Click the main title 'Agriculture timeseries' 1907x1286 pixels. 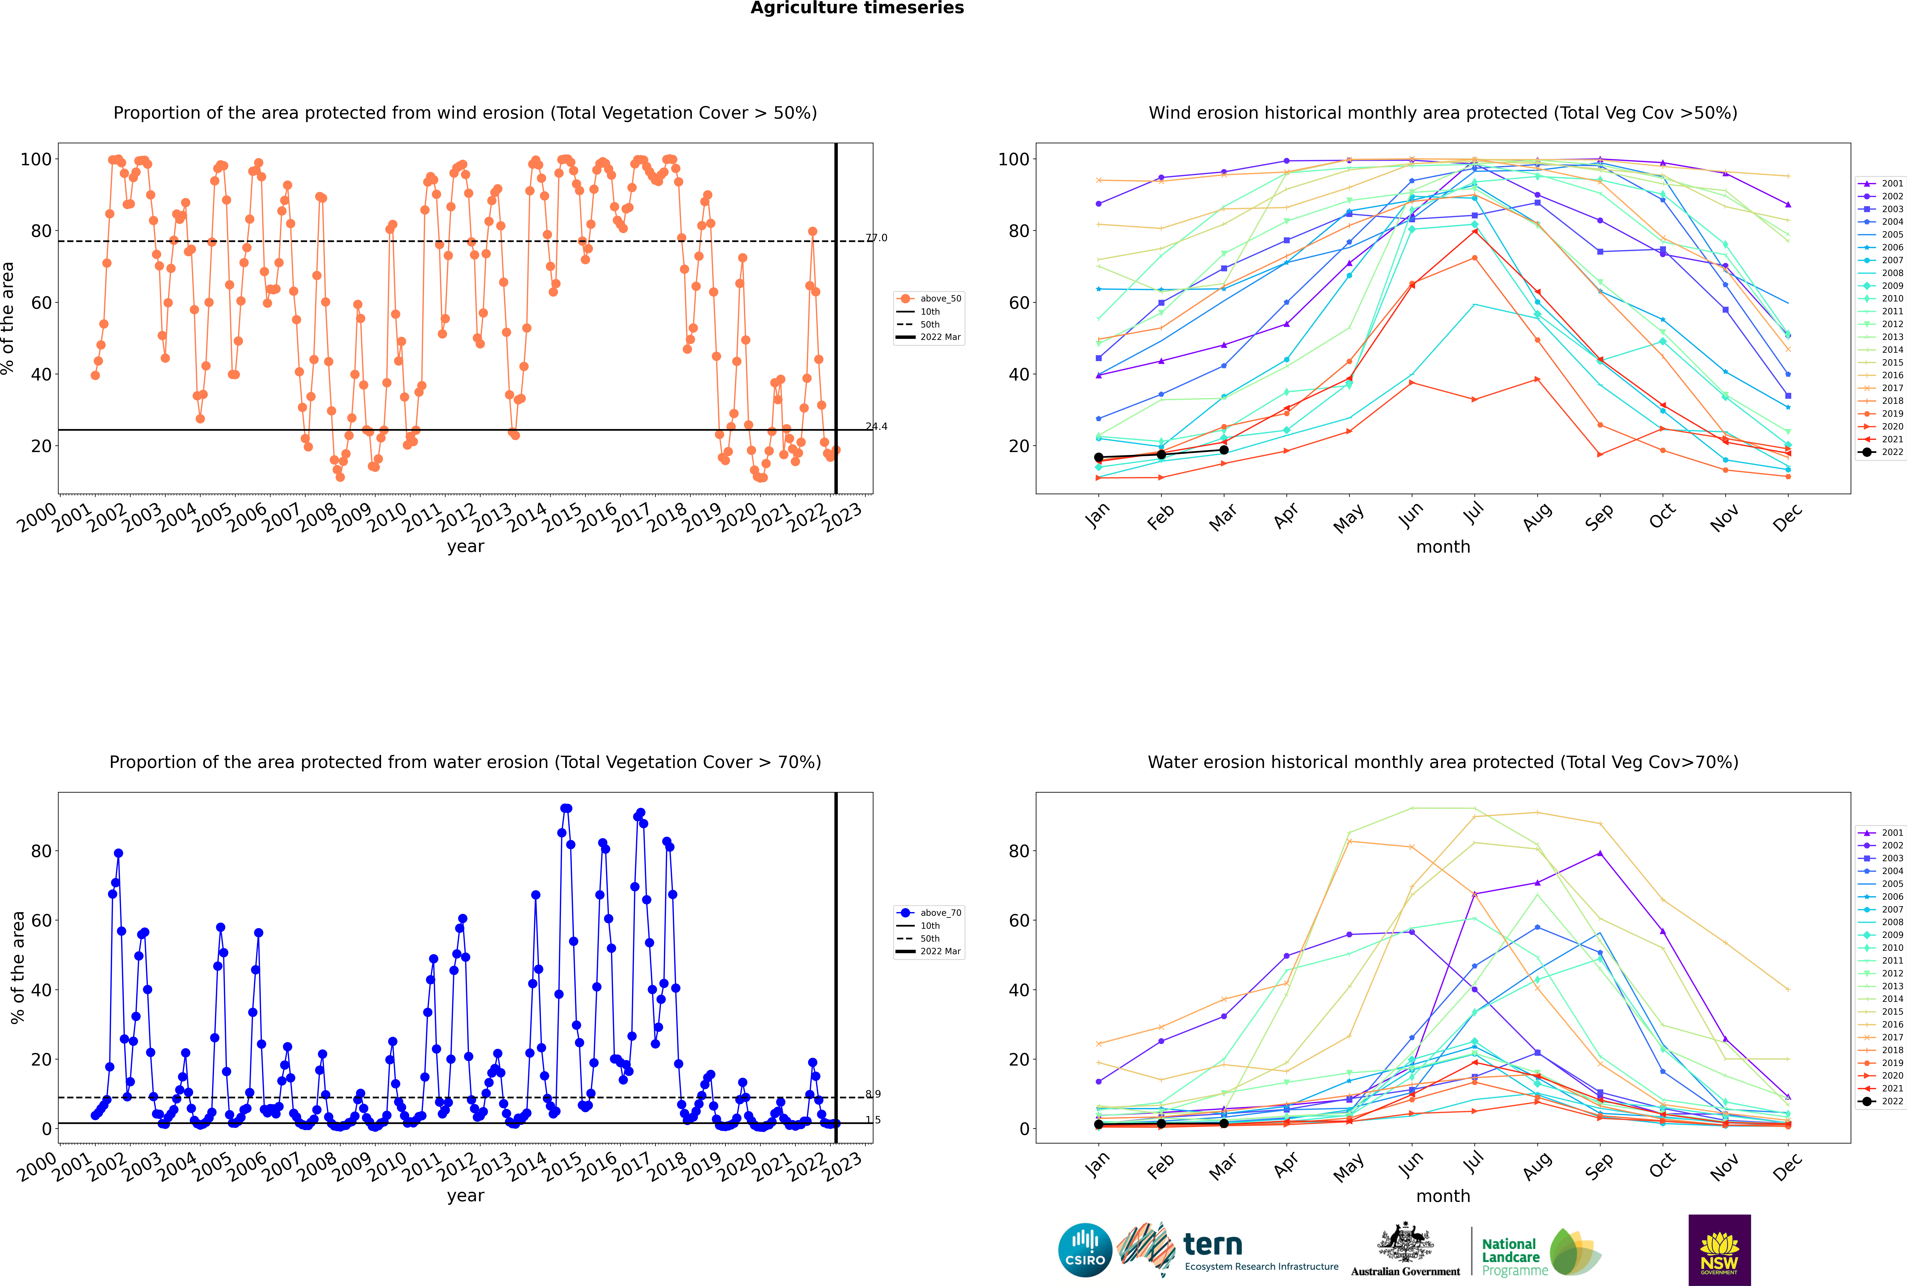[857, 8]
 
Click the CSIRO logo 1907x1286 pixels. [1085, 1251]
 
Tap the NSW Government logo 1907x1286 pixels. [1719, 1250]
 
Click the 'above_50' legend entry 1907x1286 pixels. [929, 299]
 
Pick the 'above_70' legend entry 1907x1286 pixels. [929, 913]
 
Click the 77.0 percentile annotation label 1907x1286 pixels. [876, 238]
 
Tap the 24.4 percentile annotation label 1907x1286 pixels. [876, 426]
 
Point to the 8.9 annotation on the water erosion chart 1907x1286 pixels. [873, 1094]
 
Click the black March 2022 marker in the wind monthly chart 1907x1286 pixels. [1224, 450]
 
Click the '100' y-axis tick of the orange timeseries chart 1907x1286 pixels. [36, 159]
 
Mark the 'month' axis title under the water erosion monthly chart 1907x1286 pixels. [1443, 1196]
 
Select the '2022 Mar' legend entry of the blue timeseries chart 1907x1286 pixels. [929, 951]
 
